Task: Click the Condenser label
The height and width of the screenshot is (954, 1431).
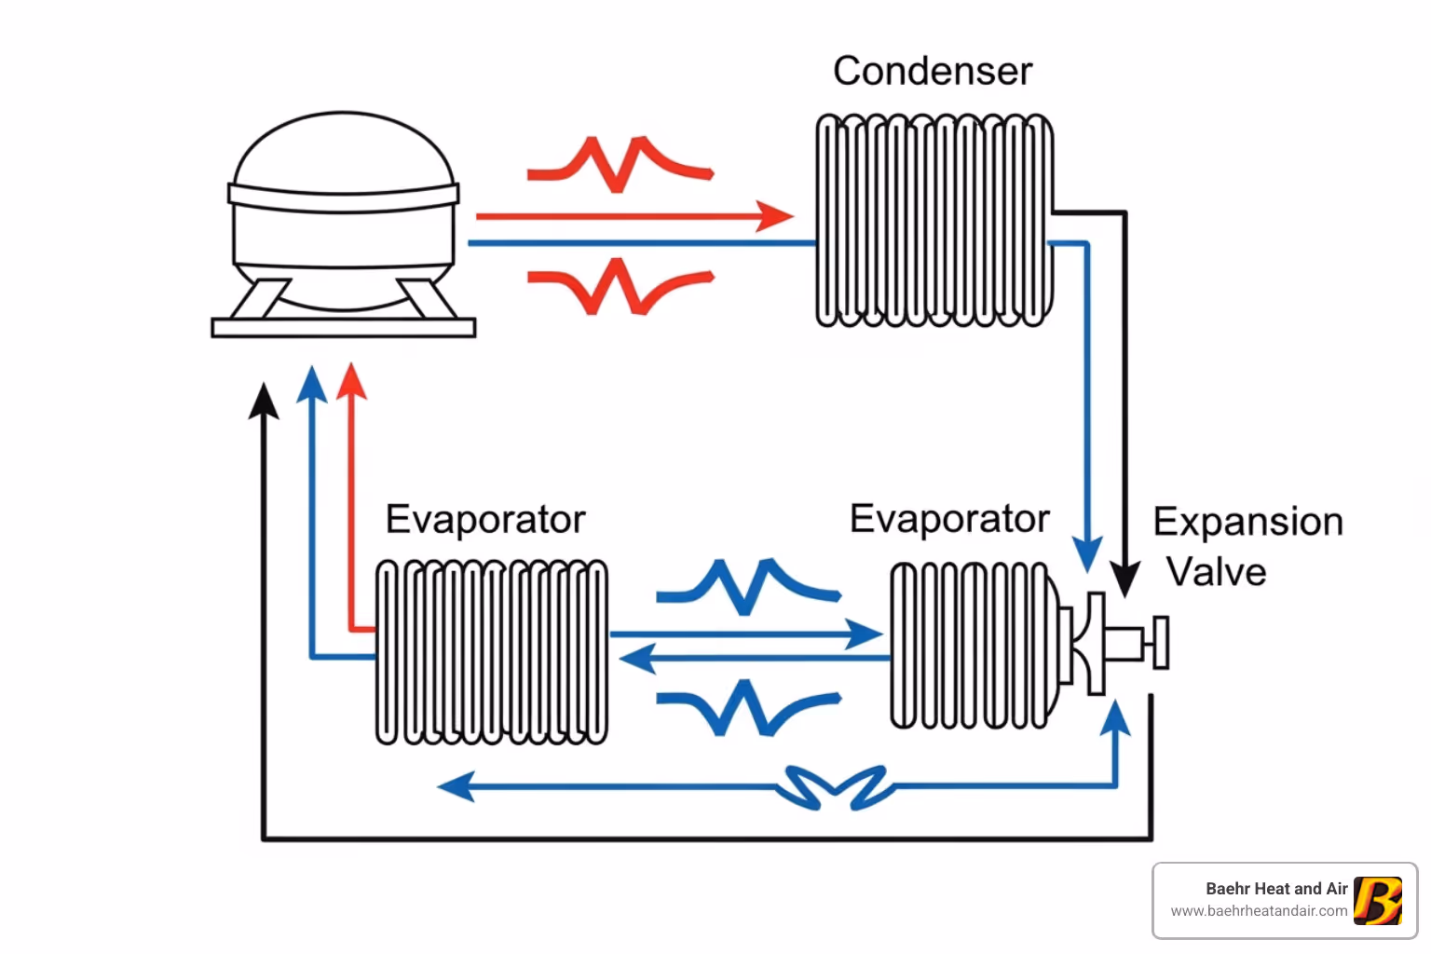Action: coord(933,71)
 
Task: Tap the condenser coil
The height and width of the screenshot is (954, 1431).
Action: coord(934,221)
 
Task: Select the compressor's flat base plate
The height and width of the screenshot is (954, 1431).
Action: coord(344,327)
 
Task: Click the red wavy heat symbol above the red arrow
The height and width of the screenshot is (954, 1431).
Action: coord(620,164)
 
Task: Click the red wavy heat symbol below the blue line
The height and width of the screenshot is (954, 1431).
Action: coord(620,285)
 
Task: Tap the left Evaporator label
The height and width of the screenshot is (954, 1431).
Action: coord(485,519)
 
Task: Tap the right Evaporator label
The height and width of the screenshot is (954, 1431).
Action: coord(949,519)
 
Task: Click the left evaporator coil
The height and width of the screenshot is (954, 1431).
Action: coord(492,652)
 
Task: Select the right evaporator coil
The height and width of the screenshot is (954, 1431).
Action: coord(969,645)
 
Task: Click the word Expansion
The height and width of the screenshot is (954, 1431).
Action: coord(1247,522)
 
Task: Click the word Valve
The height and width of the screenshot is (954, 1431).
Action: coord(1216,571)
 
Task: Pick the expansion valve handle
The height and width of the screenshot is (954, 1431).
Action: coord(1160,642)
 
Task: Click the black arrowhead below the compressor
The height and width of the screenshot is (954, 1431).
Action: coord(264,402)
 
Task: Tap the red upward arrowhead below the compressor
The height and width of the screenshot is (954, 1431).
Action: coord(351,382)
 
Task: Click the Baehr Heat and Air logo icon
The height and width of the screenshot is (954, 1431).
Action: coord(1377,900)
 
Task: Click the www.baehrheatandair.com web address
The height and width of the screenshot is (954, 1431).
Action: coord(1259,911)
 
